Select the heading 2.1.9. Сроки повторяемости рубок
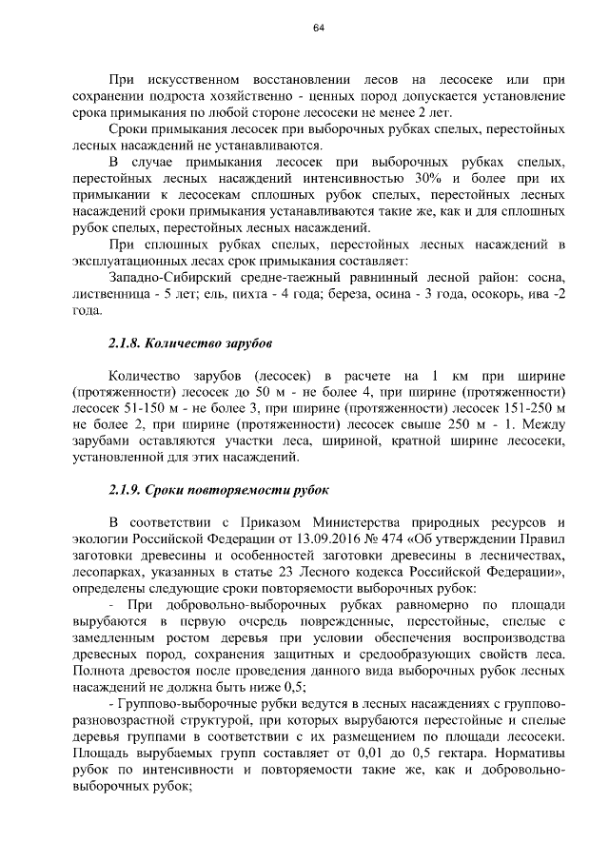pos(219,491)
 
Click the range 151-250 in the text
pos(515,406)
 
